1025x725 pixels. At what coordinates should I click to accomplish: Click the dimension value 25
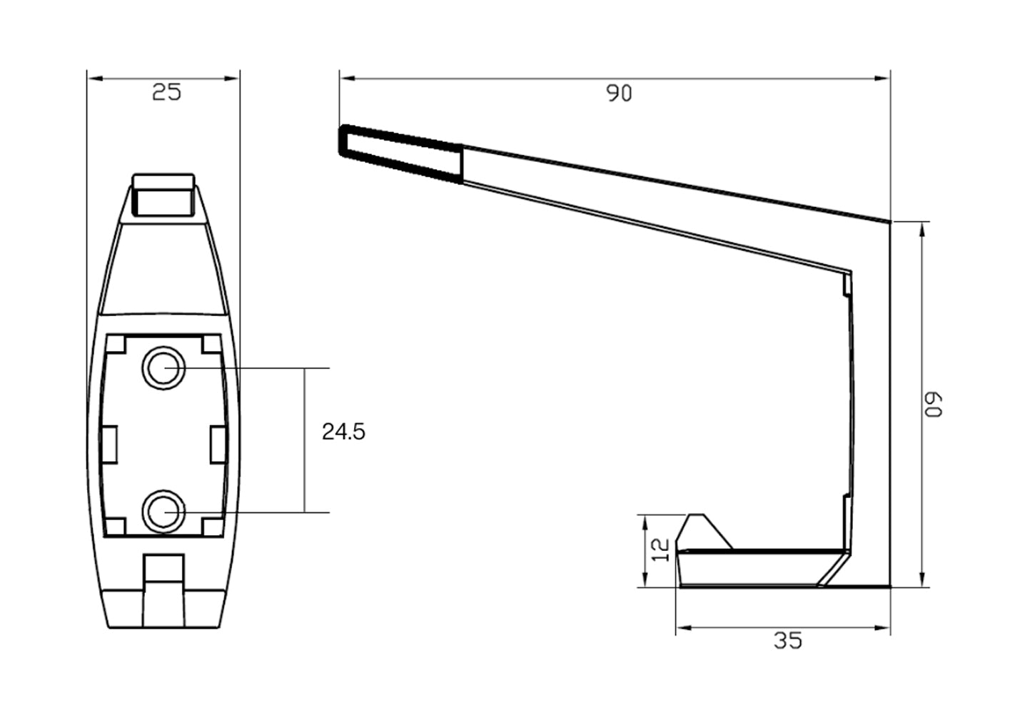point(166,92)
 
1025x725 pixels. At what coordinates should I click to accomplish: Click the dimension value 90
point(619,93)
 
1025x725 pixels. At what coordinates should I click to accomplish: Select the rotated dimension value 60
point(936,404)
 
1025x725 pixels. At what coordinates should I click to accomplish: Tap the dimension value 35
point(788,641)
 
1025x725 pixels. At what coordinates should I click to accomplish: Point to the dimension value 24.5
point(343,432)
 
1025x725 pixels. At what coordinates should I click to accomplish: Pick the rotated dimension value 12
point(662,548)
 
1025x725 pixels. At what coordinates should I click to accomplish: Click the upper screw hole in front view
point(164,368)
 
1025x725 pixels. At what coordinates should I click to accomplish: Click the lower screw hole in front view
point(164,512)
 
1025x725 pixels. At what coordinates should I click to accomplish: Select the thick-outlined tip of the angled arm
point(400,152)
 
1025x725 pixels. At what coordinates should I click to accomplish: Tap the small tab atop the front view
point(164,193)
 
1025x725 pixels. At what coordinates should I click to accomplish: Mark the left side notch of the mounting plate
point(110,445)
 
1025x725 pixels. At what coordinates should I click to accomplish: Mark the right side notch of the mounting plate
point(218,445)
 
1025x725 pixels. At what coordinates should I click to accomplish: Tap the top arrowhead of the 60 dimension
point(924,228)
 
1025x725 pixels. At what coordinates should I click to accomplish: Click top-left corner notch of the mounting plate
point(116,344)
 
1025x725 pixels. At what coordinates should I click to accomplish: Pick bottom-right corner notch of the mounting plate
point(212,526)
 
